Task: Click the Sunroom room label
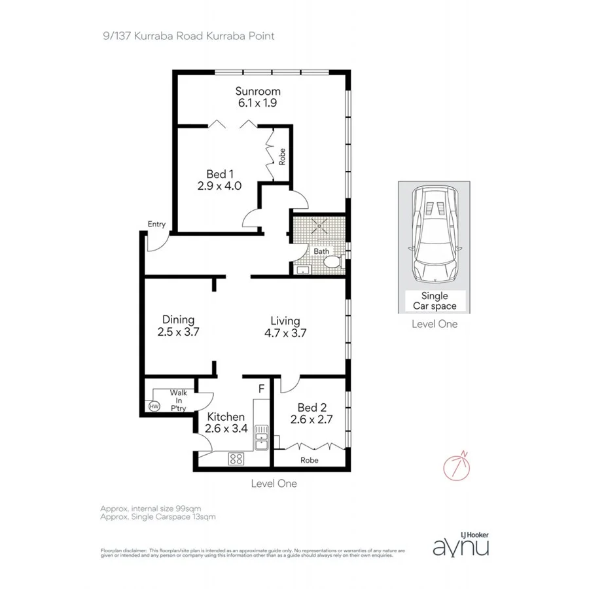tap(259, 92)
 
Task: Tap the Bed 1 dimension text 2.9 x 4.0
tap(220, 186)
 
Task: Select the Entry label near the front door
tap(156, 224)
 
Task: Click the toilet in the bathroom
tap(332, 263)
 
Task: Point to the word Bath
tap(321, 251)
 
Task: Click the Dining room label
tap(178, 320)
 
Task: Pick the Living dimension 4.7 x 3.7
tap(285, 332)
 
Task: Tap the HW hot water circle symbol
tap(154, 406)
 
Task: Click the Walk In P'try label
tap(178, 401)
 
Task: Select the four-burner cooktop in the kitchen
tap(236, 459)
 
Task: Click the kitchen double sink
tap(261, 437)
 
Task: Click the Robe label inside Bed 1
tap(282, 157)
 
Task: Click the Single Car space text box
tap(435, 301)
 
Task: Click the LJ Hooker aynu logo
tap(461, 543)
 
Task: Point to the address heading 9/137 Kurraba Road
tap(188, 35)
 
